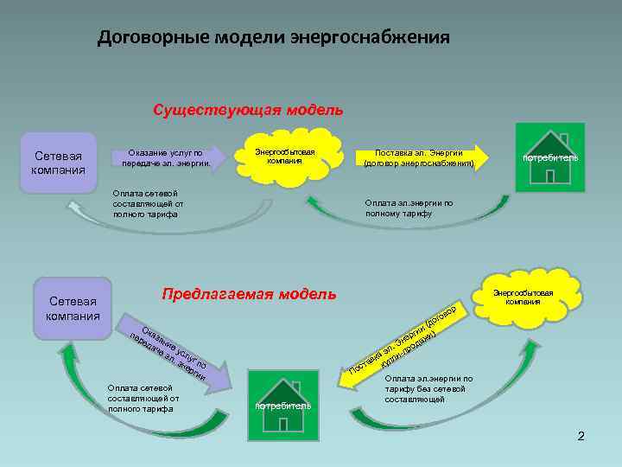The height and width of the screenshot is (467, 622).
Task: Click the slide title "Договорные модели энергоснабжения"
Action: pyautogui.click(x=273, y=38)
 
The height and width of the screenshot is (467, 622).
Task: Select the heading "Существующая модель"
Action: pyautogui.click(x=248, y=110)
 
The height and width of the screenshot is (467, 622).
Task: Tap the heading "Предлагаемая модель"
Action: pyautogui.click(x=249, y=293)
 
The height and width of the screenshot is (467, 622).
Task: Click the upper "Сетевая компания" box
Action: pyautogui.click(x=58, y=163)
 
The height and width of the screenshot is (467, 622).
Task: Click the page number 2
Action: pyautogui.click(x=581, y=436)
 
